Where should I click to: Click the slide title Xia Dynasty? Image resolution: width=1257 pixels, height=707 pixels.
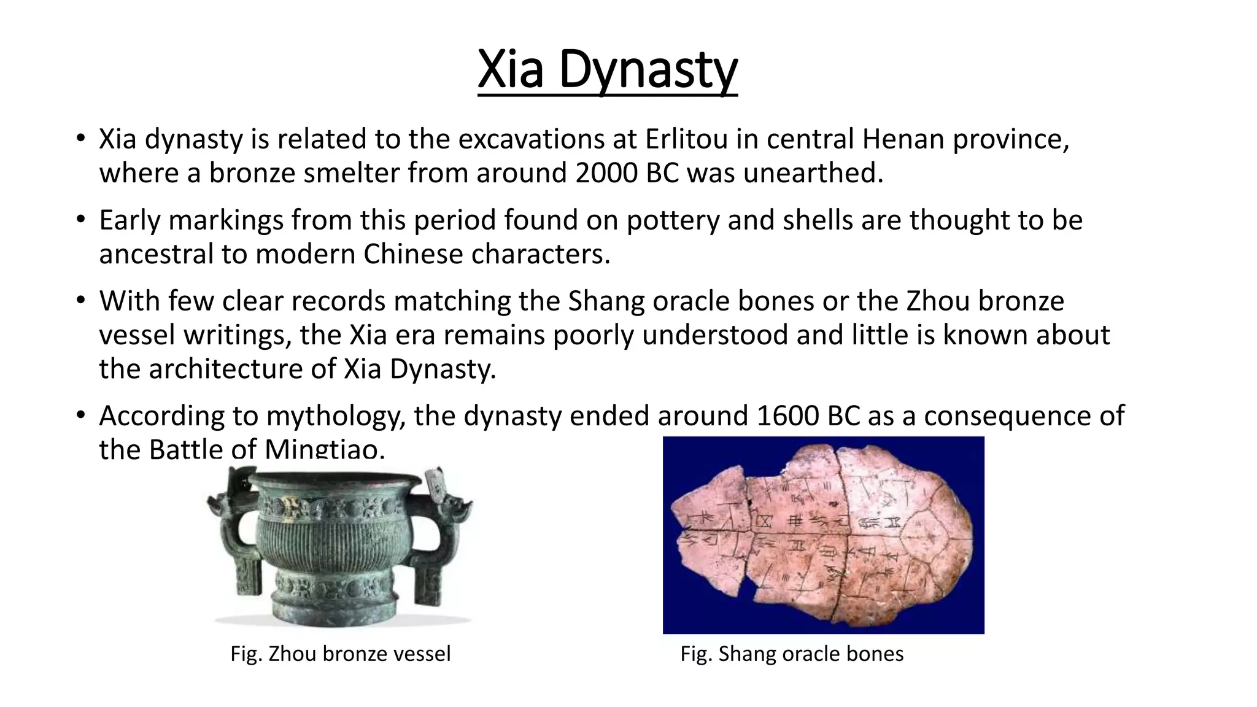607,70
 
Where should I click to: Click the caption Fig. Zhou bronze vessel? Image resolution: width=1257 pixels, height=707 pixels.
340,654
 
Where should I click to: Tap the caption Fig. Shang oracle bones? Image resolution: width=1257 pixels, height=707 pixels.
792,654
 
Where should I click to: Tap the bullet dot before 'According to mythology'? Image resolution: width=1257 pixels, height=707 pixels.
80,416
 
